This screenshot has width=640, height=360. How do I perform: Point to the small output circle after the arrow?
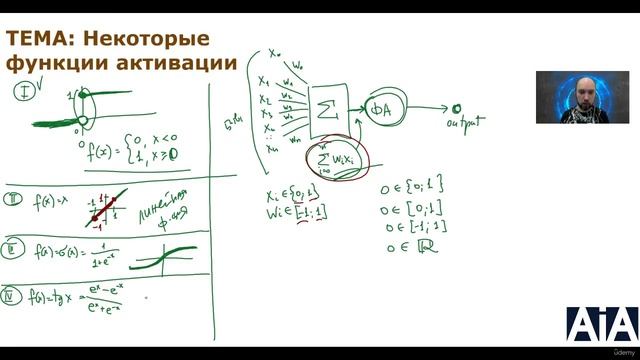456,108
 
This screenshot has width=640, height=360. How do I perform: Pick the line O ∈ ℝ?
408,245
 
